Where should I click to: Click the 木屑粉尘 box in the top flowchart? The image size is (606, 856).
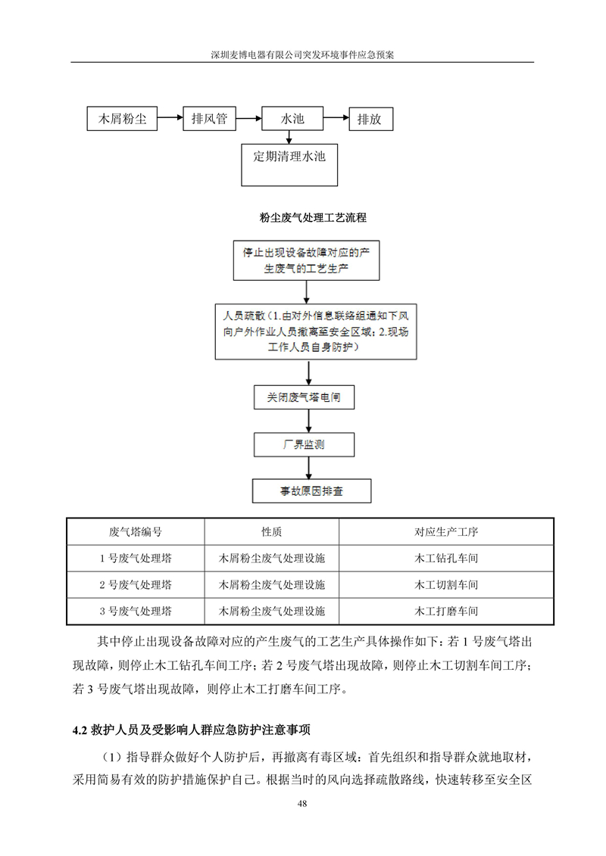(122, 119)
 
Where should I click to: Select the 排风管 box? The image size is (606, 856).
(209, 119)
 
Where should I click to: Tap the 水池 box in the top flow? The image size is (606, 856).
(292, 119)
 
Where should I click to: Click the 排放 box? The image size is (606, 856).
(371, 119)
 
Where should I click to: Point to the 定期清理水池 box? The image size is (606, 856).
(289, 165)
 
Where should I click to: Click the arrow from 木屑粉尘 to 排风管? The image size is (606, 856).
(170, 117)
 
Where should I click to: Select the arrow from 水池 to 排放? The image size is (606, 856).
(336, 117)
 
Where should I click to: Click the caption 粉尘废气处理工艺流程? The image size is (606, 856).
(313, 218)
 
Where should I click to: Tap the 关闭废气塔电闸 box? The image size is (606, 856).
(304, 397)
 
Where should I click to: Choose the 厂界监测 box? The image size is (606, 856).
(304, 444)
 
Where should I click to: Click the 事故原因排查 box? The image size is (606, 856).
(311, 490)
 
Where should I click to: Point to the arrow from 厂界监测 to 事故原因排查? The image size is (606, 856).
(309, 468)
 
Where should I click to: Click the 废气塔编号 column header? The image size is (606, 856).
(136, 532)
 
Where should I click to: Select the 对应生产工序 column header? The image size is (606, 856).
(446, 532)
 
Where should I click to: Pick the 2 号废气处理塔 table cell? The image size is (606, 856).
(136, 585)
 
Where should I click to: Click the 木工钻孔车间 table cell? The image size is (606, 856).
(446, 558)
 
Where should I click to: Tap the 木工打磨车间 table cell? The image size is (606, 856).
(446, 611)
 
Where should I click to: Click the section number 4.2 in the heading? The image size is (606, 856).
(80, 730)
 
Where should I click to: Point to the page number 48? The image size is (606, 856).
(302, 803)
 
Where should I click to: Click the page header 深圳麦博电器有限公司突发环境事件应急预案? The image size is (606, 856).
(302, 54)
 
